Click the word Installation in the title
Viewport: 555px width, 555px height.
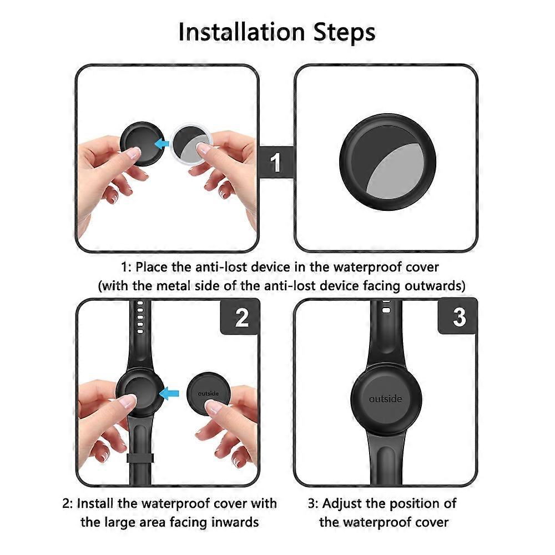[242, 32]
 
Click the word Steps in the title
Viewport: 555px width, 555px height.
[344, 33]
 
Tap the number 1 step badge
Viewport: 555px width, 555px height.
[276, 163]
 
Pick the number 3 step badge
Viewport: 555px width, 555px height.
[458, 316]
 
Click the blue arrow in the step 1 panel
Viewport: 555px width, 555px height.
[163, 144]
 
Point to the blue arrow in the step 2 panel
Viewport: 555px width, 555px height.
[169, 393]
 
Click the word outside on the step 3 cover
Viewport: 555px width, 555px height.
[386, 399]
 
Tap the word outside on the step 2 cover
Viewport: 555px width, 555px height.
[208, 393]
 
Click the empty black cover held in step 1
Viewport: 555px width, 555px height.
[142, 144]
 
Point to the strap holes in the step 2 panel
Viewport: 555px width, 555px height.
[140, 317]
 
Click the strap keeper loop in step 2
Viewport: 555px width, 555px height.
[140, 458]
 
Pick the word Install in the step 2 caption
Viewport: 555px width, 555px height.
[94, 503]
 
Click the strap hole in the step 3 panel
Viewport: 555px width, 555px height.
[386, 310]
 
